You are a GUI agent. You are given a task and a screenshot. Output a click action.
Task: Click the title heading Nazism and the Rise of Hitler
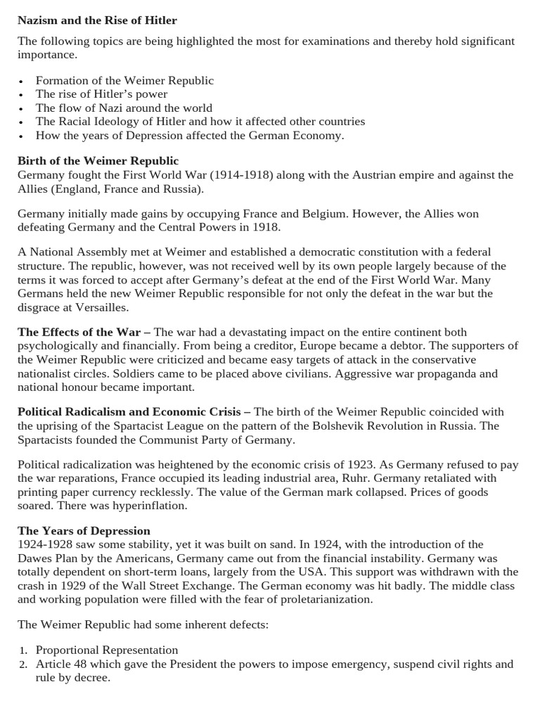tap(97, 20)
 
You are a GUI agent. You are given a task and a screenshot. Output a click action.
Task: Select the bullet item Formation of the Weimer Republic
tap(124, 80)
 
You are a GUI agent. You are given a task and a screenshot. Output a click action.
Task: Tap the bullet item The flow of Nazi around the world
tap(124, 108)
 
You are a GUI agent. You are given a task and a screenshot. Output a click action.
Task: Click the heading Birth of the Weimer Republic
tap(98, 161)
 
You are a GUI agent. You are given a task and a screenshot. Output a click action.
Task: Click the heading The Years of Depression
tap(84, 531)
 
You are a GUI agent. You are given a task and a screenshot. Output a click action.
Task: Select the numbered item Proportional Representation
tap(107, 650)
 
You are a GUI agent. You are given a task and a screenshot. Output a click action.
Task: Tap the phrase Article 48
tap(60, 664)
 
